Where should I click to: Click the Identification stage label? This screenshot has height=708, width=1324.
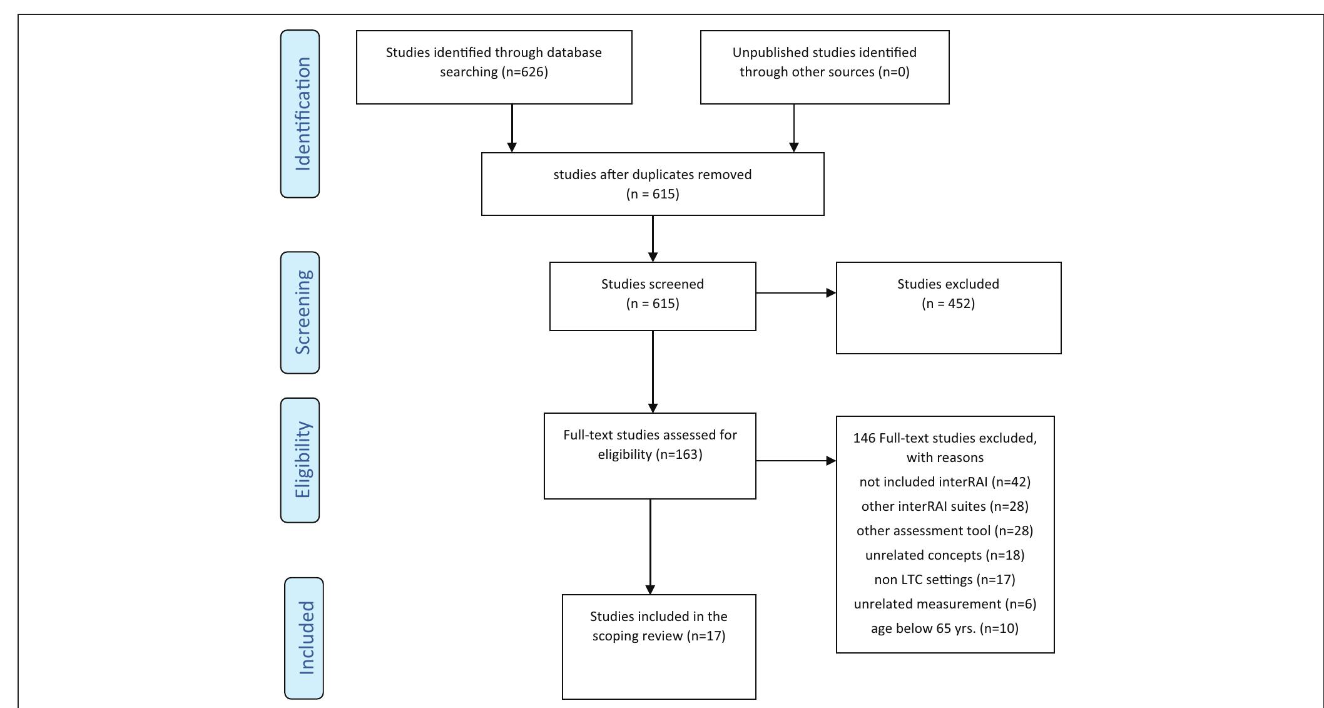(300, 114)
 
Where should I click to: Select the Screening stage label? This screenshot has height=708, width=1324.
(300, 312)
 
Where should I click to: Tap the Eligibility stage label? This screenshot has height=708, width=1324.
(300, 460)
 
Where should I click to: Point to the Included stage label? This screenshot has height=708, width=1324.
(305, 638)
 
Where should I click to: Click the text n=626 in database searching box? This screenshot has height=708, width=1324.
(524, 72)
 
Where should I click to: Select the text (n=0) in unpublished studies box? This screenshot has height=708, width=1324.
(894, 72)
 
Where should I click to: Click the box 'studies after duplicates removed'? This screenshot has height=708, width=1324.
(653, 184)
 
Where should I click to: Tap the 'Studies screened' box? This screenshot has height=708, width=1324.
(653, 295)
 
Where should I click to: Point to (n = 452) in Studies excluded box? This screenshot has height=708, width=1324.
(948, 304)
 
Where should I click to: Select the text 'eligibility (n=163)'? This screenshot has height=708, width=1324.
(650, 454)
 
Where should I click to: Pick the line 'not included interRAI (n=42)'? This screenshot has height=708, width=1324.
(945, 482)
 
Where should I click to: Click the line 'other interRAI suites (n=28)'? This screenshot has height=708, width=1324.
(945, 506)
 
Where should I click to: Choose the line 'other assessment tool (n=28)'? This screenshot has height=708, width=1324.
(945, 531)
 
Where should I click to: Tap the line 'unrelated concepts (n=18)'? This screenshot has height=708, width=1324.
(945, 555)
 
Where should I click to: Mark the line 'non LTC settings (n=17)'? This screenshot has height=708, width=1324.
(945, 580)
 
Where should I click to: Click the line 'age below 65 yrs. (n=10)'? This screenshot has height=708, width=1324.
(945, 628)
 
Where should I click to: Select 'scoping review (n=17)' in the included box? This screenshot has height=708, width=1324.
(659, 636)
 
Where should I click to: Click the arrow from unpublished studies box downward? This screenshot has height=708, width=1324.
(794, 128)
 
